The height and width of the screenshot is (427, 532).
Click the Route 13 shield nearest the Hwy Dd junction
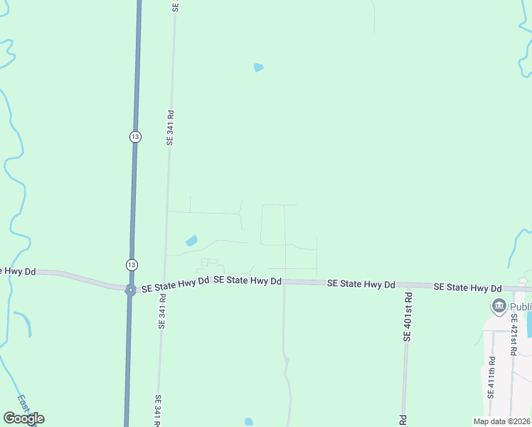coord(131,265)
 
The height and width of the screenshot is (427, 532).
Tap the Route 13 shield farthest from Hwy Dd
coord(135,137)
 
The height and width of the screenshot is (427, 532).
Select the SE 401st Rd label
coord(408,314)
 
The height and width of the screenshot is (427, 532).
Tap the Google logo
coord(24,418)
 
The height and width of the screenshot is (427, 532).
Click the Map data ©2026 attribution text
coord(501,421)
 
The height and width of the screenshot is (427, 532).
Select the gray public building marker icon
coord(499,307)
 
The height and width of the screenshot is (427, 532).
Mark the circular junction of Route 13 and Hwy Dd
coord(130,290)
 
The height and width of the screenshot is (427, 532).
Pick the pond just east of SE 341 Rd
coord(191,241)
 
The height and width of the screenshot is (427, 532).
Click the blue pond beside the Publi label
coord(528,324)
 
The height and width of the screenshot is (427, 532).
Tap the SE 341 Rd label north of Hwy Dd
coord(171,127)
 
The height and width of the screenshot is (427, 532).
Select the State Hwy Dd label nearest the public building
coord(467,287)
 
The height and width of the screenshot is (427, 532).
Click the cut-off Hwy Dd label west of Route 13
coord(18,271)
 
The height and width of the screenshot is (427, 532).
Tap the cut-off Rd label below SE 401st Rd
coord(403,420)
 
